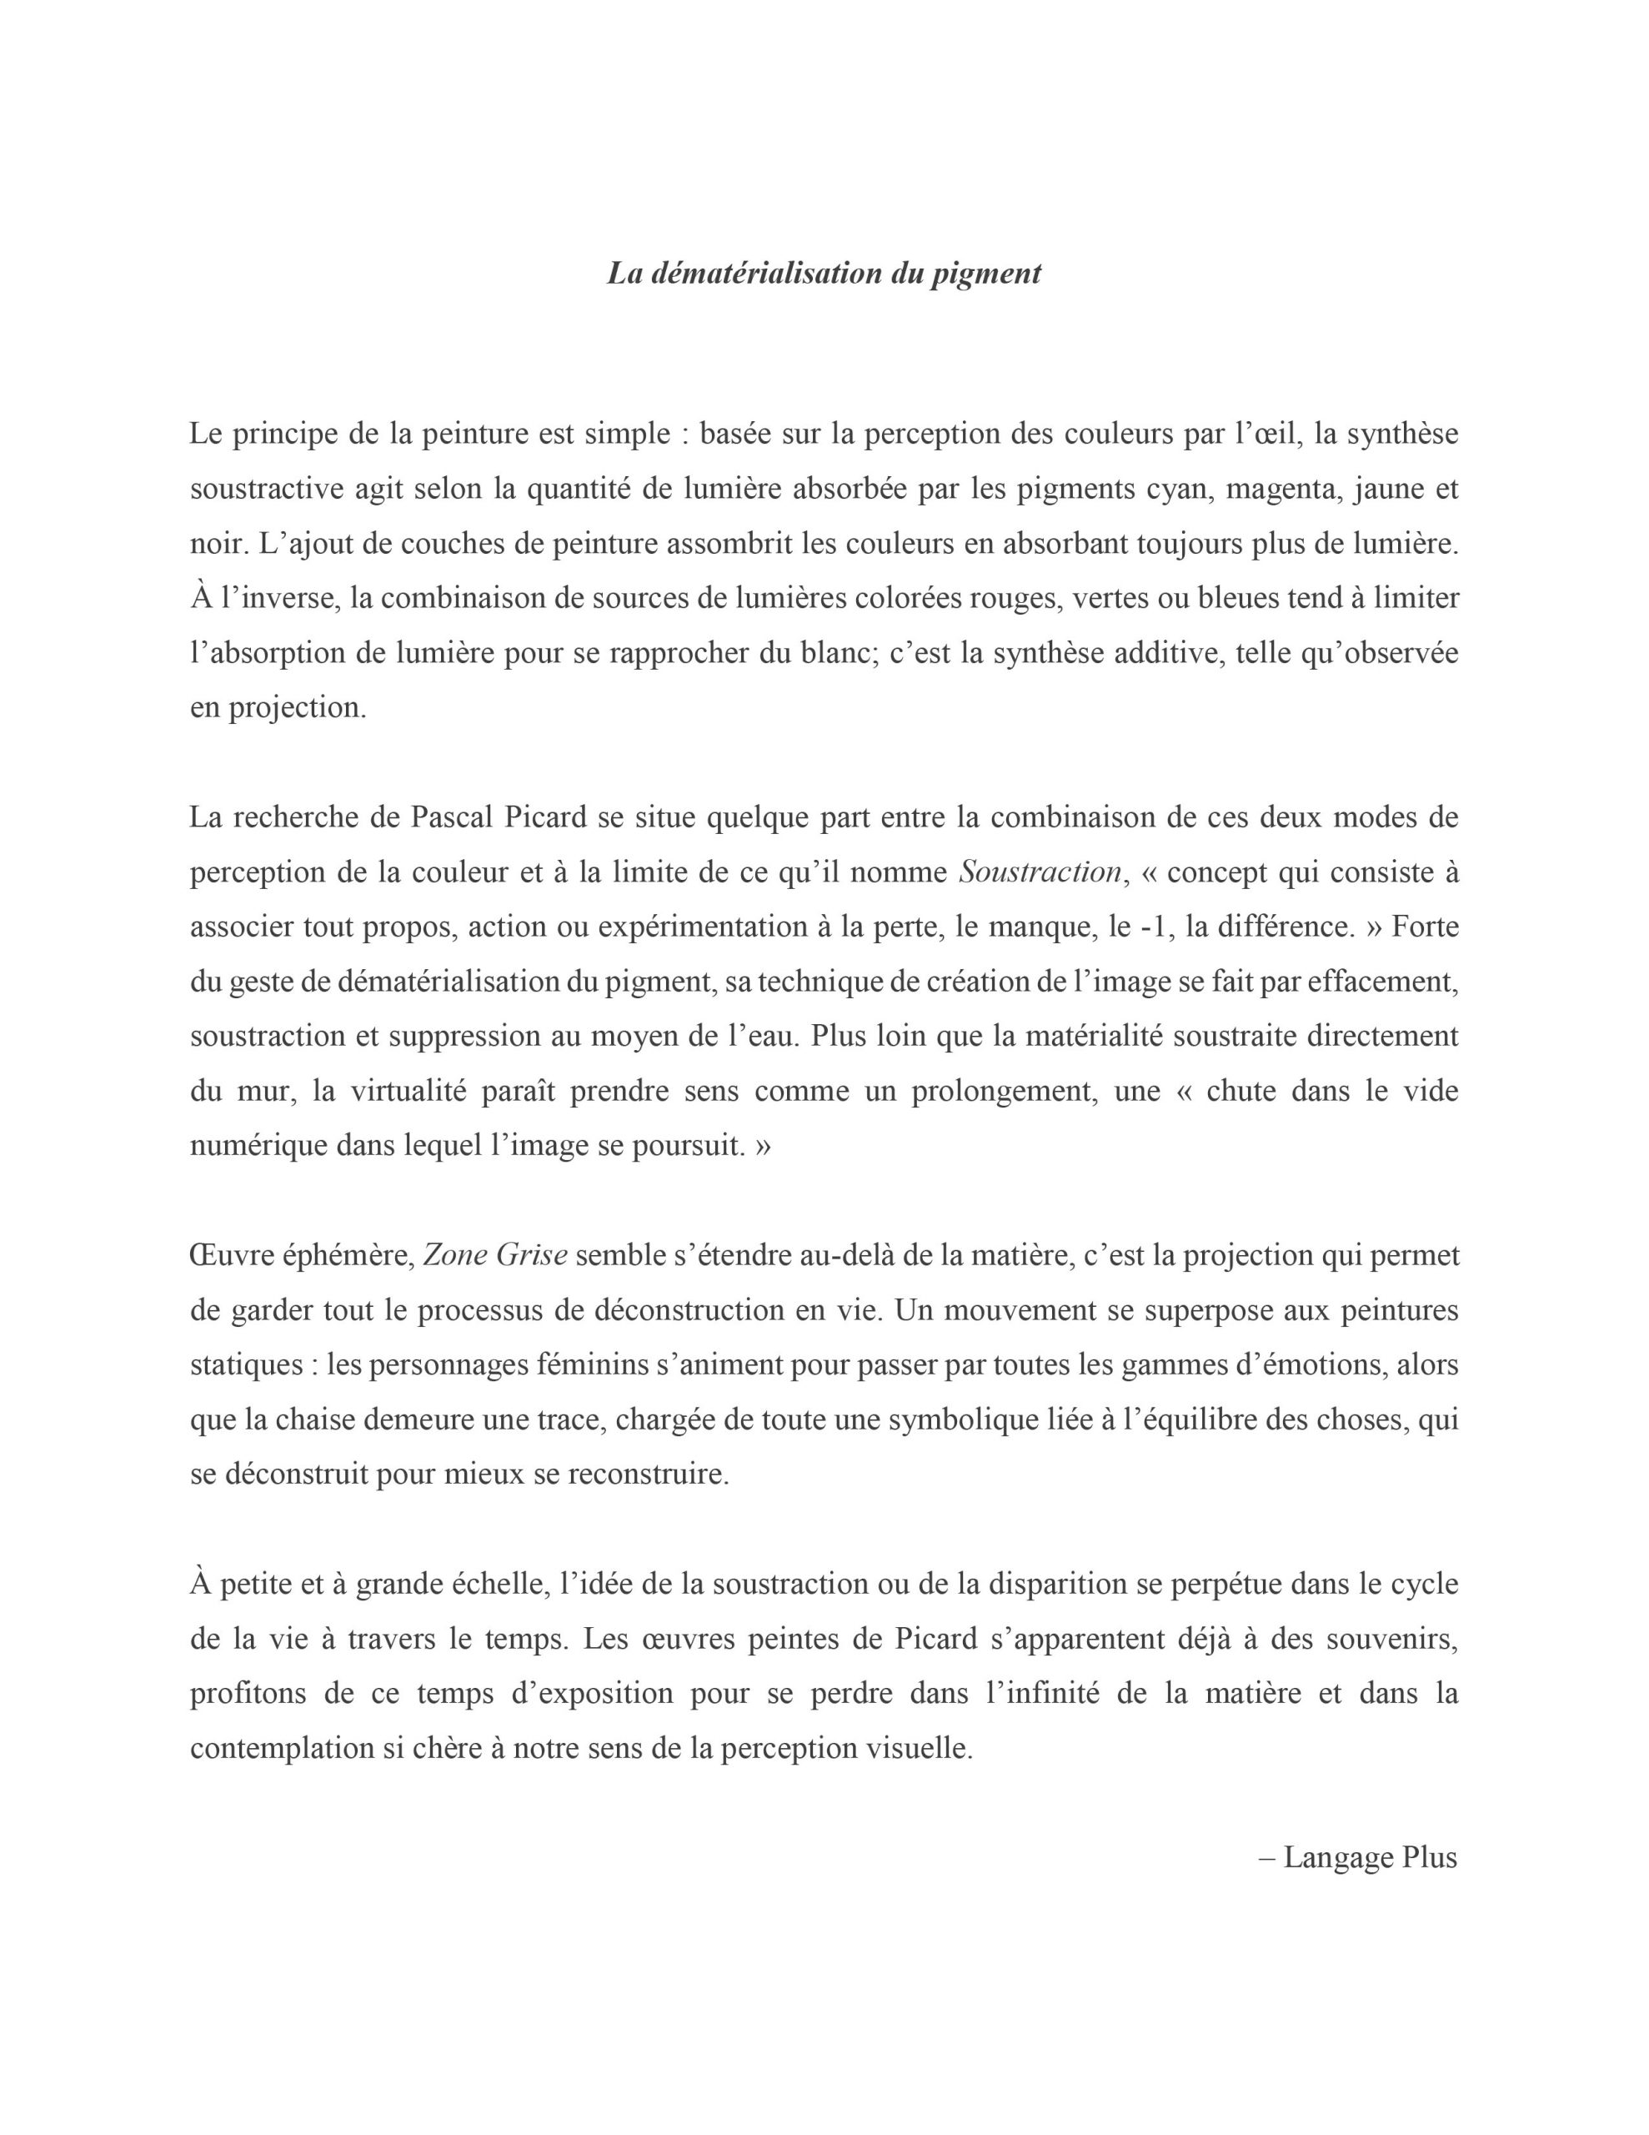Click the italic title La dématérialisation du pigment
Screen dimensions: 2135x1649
(x=824, y=273)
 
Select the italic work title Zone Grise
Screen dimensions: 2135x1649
(x=494, y=1255)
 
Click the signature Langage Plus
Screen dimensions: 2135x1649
(x=1370, y=1857)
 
